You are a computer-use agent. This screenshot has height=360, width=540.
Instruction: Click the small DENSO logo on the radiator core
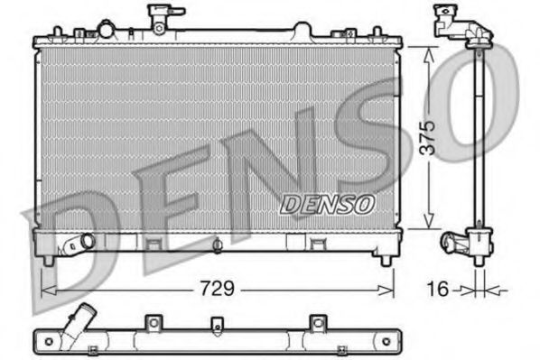(327, 205)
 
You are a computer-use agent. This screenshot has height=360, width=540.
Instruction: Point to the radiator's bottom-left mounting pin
(45, 260)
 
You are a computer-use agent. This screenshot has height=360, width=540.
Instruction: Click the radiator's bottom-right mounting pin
(386, 260)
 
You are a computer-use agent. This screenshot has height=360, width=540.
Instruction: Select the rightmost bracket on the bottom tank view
(316, 322)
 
